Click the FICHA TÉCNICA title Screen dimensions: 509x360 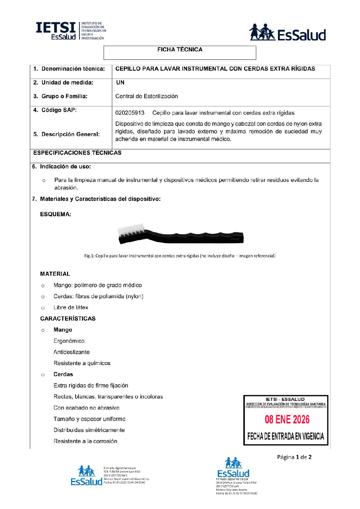[x=180, y=50]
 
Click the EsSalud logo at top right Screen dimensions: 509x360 [x=288, y=33]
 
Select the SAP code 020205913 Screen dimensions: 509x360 [x=130, y=113]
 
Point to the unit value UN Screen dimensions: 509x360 [x=120, y=83]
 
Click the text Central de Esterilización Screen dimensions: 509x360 [x=146, y=96]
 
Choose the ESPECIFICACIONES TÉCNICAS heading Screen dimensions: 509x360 [x=77, y=153]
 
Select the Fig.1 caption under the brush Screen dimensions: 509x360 [x=180, y=256]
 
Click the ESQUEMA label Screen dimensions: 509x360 [x=55, y=214]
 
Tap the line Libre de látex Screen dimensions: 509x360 [x=71, y=307]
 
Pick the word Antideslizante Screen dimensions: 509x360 [x=71, y=352]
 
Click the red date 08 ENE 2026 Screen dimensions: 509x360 [x=287, y=420]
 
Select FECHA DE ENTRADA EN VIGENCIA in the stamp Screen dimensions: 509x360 [x=285, y=436]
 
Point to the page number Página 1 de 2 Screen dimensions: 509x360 [x=294, y=457]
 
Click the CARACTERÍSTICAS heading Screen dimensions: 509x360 [x=68, y=319]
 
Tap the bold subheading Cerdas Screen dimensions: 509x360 [x=63, y=374]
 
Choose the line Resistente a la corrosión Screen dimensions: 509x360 [x=85, y=441]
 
